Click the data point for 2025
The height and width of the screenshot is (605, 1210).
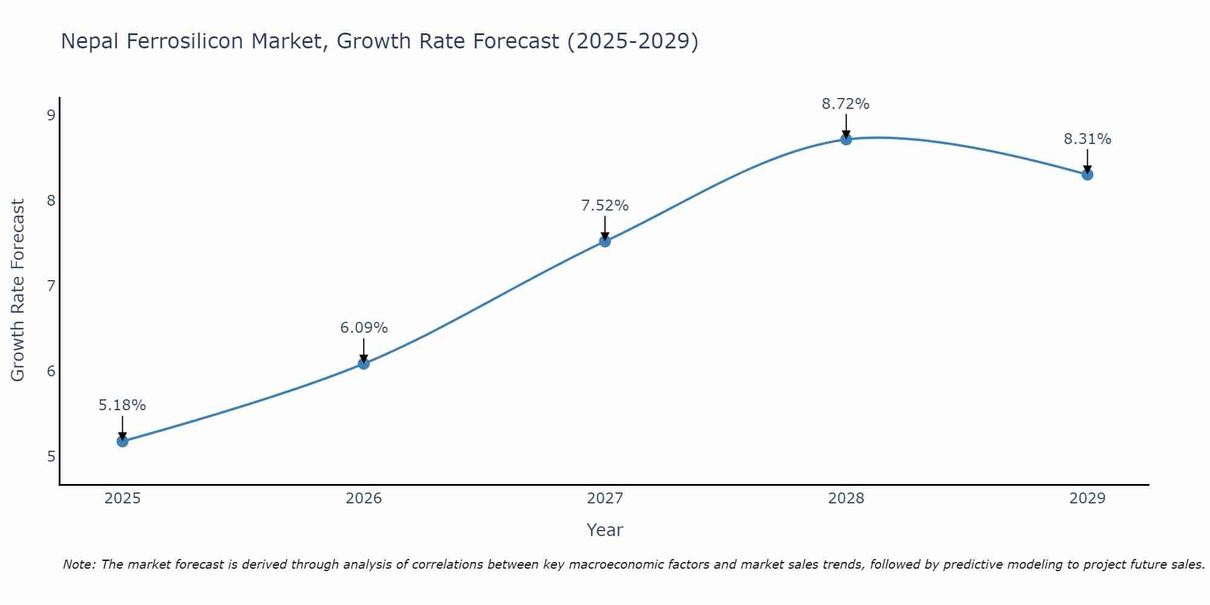click(122, 441)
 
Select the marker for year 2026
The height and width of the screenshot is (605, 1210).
click(364, 364)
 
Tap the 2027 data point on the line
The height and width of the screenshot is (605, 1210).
click(605, 241)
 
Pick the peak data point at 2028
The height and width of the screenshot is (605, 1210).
click(846, 139)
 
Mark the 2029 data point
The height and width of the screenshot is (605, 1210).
click(1087, 174)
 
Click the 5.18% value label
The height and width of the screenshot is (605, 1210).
click(122, 405)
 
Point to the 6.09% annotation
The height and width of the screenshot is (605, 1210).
click(364, 328)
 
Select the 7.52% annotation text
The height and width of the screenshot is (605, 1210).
click(605, 206)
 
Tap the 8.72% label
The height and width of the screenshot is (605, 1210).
click(846, 104)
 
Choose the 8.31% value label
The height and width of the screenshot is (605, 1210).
click(1087, 139)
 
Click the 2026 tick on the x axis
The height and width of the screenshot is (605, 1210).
click(364, 499)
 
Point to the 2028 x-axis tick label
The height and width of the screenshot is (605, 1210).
click(846, 499)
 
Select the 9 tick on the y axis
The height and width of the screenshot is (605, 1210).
click(51, 115)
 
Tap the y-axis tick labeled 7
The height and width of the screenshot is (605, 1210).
click(51, 286)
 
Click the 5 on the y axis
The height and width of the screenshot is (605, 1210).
click(51, 456)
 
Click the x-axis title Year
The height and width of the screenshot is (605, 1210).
click(604, 530)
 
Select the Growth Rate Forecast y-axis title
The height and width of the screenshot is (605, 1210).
click(18, 290)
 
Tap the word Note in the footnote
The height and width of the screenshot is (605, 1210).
click(78, 564)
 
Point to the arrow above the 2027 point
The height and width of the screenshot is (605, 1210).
click(605, 227)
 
